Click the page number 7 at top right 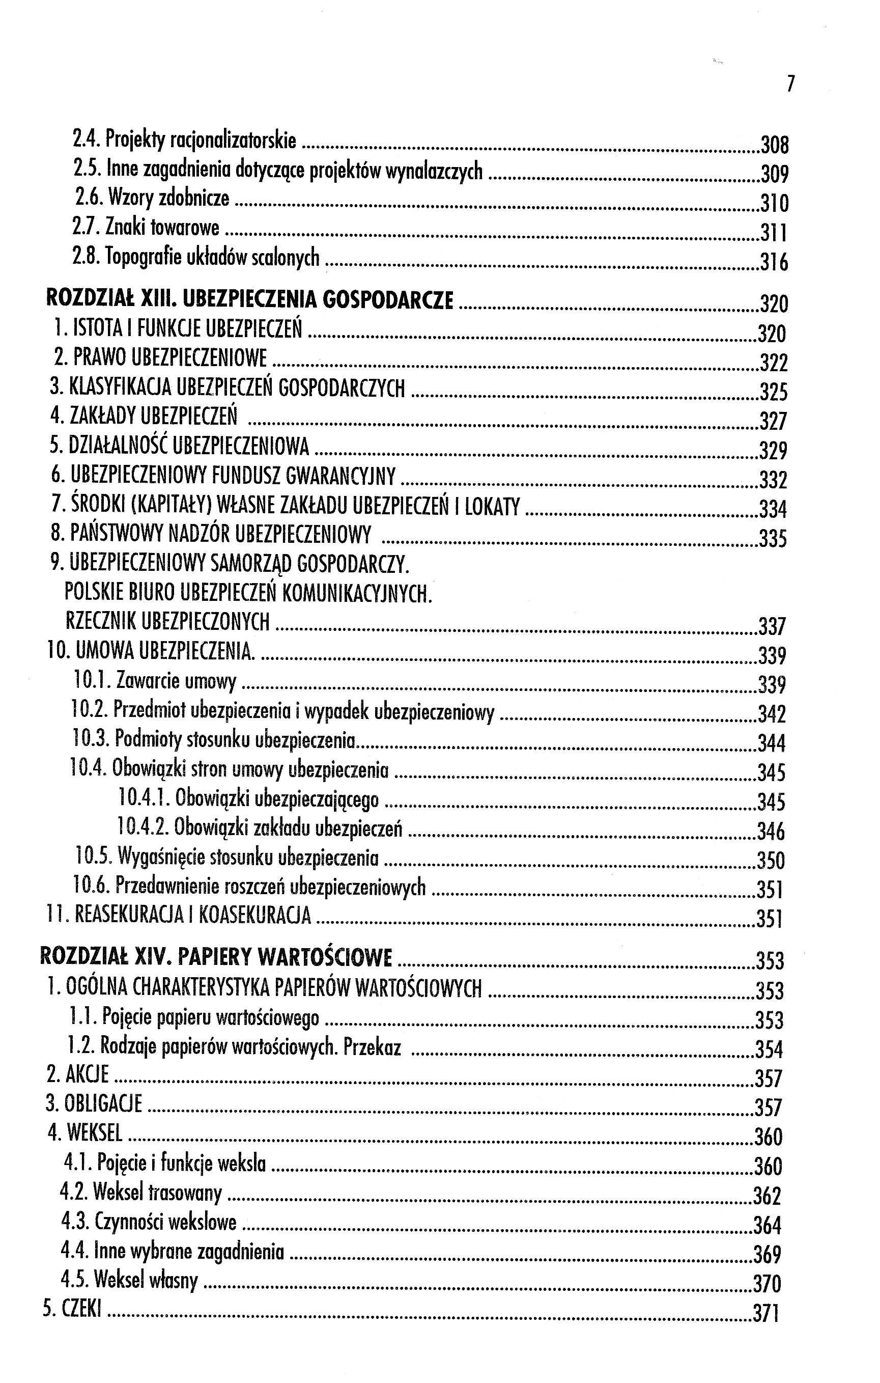790,85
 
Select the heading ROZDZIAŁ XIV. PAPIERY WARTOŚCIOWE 216,958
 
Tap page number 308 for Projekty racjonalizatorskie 774,144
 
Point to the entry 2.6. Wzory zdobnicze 152,198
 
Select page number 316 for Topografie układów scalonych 774,262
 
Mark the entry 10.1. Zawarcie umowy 155,682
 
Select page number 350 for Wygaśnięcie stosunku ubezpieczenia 771,861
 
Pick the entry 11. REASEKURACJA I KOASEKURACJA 179,916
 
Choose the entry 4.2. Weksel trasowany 141,1194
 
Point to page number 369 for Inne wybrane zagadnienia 768,1254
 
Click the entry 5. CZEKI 72,1311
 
